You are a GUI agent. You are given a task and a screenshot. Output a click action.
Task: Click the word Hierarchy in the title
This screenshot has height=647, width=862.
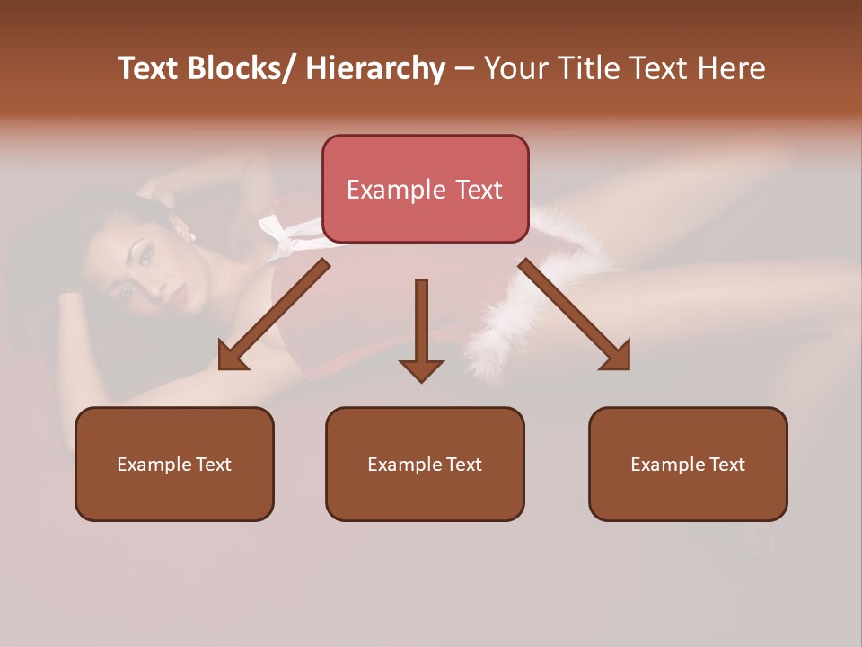pos(375,69)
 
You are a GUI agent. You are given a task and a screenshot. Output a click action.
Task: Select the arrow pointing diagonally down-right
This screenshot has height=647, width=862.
pos(575,315)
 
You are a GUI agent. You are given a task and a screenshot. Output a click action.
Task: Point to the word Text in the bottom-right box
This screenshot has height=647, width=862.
pos(726,465)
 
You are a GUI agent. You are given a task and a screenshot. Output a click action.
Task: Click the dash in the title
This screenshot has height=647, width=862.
pos(464,69)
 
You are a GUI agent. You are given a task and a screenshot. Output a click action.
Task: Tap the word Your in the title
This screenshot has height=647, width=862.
pos(515,69)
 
